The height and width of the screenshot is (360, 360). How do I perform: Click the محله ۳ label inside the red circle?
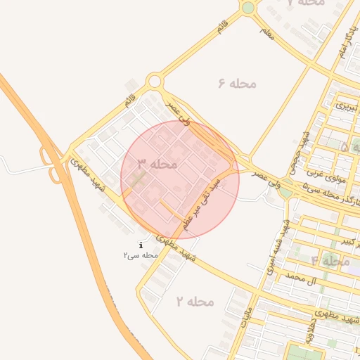click(x=157, y=163)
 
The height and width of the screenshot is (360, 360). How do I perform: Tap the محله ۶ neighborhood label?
click(x=237, y=84)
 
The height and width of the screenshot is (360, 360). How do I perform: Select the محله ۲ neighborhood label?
click(x=194, y=302)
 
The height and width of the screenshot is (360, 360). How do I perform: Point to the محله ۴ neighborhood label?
click(x=330, y=260)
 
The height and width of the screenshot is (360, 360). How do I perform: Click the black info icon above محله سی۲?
click(x=141, y=245)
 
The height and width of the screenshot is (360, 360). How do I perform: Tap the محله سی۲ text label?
click(x=141, y=255)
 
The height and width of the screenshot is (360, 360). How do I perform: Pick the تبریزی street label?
click(x=345, y=107)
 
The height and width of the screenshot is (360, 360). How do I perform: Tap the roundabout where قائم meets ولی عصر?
click(x=155, y=82)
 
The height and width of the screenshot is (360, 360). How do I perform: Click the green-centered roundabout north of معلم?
click(x=247, y=8)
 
